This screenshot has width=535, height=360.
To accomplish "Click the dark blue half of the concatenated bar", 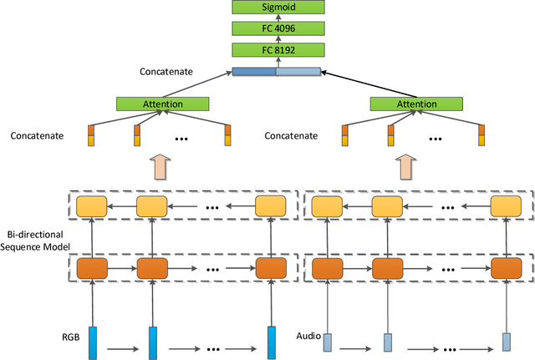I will click(253, 73).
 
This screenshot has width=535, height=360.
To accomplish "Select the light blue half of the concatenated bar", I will click(298, 73).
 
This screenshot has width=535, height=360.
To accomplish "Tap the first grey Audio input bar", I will click(328, 342).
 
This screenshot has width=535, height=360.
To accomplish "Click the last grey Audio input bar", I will click(507, 342).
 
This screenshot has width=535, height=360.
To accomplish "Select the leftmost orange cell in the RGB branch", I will click(92, 269).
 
